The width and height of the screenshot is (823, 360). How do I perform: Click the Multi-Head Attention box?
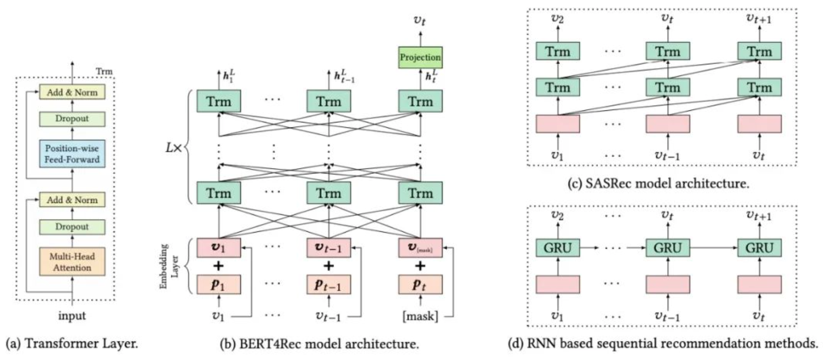click(72, 262)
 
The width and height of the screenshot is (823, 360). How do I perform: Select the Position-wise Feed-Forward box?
click(72, 154)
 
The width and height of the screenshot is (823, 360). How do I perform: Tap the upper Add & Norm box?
click(72, 92)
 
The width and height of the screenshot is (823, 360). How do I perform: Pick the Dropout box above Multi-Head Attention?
click(72, 227)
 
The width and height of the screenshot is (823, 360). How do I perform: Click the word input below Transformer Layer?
click(72, 316)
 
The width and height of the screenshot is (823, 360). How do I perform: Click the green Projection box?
click(420, 57)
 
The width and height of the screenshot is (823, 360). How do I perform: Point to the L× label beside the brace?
click(173, 148)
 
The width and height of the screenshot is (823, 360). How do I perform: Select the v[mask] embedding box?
click(420, 247)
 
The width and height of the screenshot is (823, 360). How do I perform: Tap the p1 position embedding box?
click(218, 285)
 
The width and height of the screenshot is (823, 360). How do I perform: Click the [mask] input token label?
click(420, 316)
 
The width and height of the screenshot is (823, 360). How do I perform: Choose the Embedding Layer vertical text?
click(169, 267)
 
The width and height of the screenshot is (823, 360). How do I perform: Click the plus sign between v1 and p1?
click(218, 266)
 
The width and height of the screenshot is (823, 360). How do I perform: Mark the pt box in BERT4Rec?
click(420, 285)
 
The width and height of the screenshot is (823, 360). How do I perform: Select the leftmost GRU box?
click(558, 248)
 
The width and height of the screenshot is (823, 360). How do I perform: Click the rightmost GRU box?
click(759, 248)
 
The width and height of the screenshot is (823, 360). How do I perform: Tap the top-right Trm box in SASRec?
click(759, 51)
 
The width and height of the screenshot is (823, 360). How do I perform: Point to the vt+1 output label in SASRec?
click(759, 18)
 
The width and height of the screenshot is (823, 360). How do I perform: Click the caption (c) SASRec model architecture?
click(658, 183)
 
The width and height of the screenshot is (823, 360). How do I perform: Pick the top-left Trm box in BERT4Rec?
click(218, 101)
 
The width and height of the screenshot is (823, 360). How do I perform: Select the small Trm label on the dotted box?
click(104, 71)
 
